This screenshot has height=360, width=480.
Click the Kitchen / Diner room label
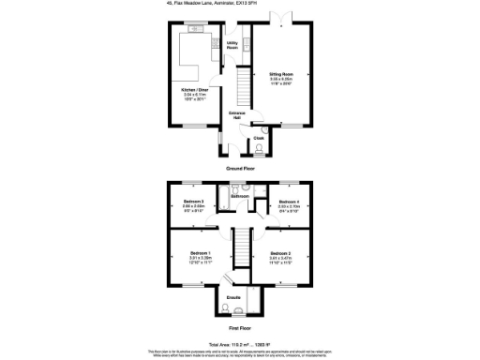pyautogui.click(x=196, y=90)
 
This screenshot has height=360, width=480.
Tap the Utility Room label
pyautogui.click(x=231, y=45)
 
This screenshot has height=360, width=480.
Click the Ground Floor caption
pyautogui.click(x=239, y=168)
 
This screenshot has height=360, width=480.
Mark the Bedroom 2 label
pyautogui.click(x=283, y=254)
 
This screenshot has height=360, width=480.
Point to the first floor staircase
pyautogui.click(x=242, y=249)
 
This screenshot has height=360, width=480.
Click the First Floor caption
pyautogui.click(x=239, y=328)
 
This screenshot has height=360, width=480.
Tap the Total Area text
pyautogui.click(x=239, y=344)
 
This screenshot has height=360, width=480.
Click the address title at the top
pyautogui.click(x=239, y=5)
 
